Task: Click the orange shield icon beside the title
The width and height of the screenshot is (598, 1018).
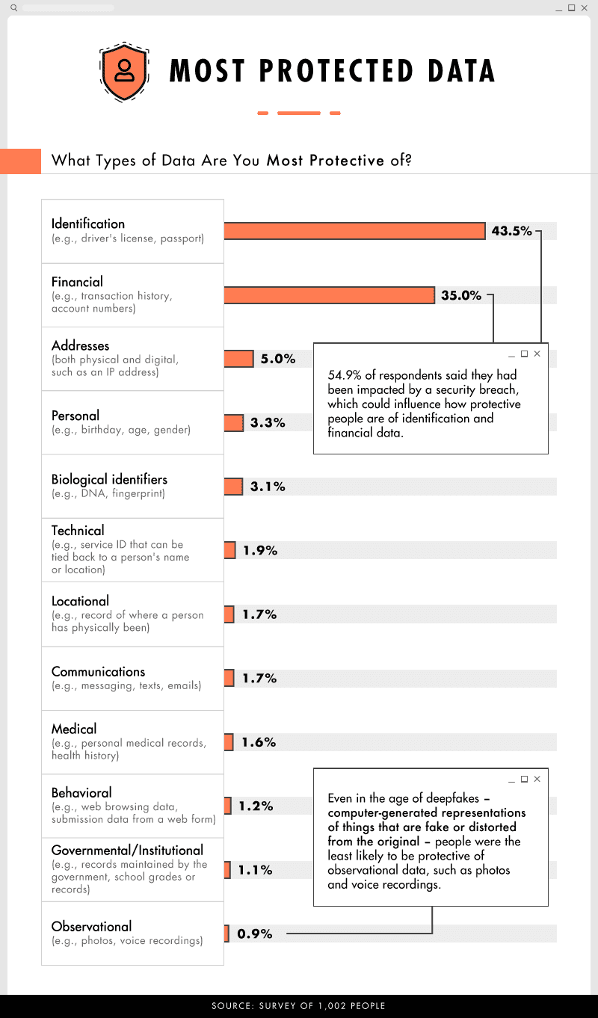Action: [124, 71]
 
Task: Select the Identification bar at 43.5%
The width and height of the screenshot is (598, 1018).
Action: [354, 231]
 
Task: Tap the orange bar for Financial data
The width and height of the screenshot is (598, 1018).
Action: [329, 295]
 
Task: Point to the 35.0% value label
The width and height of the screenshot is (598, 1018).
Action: [461, 295]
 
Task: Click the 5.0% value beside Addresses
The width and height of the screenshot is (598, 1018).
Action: [277, 359]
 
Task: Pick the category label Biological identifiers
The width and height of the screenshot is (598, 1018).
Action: [109, 479]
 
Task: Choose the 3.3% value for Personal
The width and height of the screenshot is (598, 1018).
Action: [268, 423]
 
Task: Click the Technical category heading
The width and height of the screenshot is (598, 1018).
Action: [78, 531]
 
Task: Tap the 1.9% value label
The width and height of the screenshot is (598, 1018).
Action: [260, 551]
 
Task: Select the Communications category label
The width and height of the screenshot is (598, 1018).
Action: [98, 671]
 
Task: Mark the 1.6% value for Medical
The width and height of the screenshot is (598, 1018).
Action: [259, 742]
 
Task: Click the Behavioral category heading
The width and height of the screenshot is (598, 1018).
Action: [81, 792]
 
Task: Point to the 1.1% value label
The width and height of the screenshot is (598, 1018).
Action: [255, 870]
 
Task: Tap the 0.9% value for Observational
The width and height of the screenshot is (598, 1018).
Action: [254, 934]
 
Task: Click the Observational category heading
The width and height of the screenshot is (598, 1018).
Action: [91, 926]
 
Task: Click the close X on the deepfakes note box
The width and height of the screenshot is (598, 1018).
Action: [537, 780]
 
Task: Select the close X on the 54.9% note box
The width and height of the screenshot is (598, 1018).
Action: [537, 354]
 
